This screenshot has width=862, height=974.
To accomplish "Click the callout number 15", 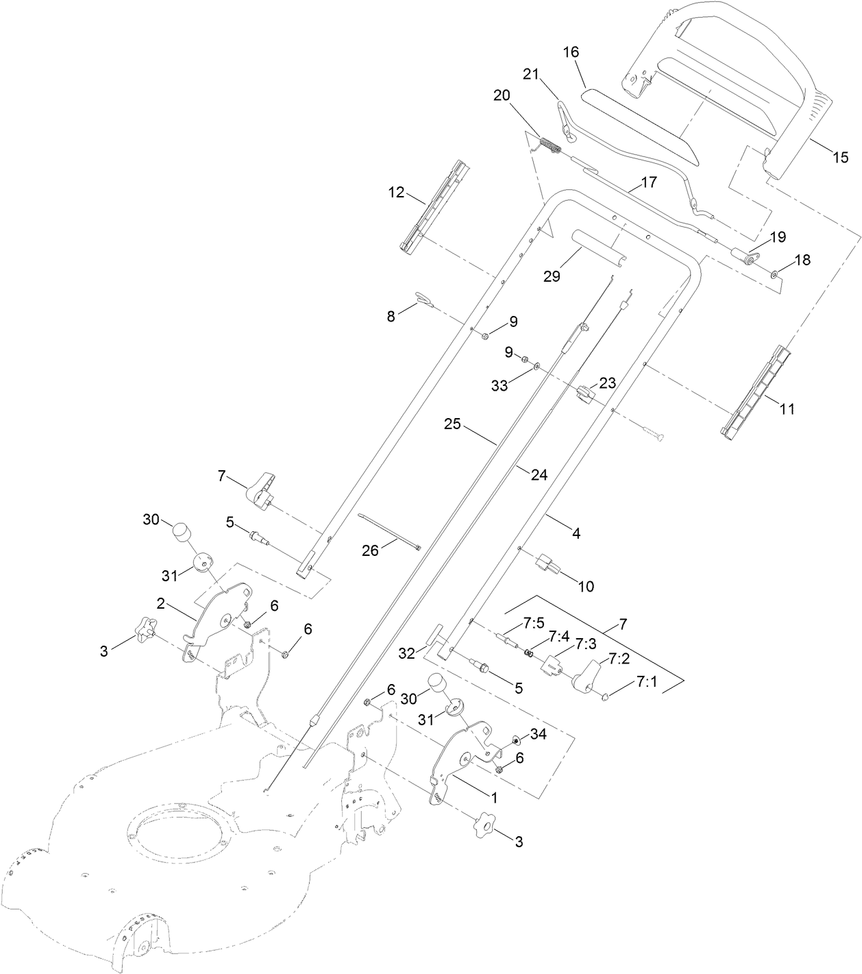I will pos(840,158).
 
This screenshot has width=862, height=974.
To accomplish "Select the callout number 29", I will pos(552,276).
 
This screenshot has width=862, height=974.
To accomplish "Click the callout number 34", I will pos(539,735).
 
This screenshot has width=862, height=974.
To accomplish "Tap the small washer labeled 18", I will pos(774,274).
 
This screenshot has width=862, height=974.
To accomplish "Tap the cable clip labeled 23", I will pos(584,395).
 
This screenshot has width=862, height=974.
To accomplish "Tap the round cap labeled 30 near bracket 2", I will pos(180,531).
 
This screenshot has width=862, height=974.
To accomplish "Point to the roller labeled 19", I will pos(743,258).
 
